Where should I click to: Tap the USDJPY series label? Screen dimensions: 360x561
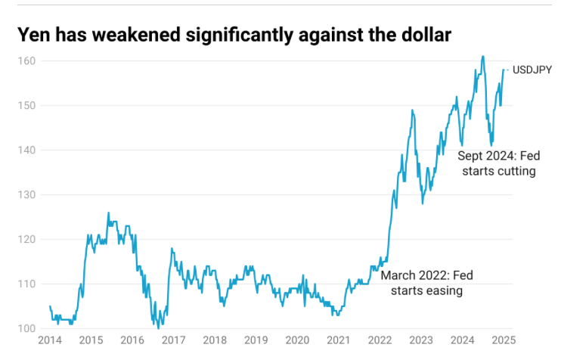tap(532, 70)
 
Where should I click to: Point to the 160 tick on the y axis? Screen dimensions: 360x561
tap(28, 61)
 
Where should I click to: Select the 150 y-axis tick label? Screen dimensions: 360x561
tap(28, 105)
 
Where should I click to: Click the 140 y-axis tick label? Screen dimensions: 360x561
tap(28, 150)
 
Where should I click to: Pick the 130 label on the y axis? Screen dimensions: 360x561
tap(28, 194)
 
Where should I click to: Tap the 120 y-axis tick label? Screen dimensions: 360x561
tap(28, 239)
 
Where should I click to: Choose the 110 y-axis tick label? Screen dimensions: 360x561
tap(28, 284)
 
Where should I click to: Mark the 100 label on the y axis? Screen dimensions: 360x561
tap(28, 328)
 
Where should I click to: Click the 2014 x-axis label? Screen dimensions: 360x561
tap(49, 340)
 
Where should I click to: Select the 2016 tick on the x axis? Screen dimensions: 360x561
tap(132, 340)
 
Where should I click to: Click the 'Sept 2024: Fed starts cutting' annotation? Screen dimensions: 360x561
tap(497, 163)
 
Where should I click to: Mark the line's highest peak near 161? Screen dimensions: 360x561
tap(482, 57)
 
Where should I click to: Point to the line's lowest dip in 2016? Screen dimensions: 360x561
tap(158, 327)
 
